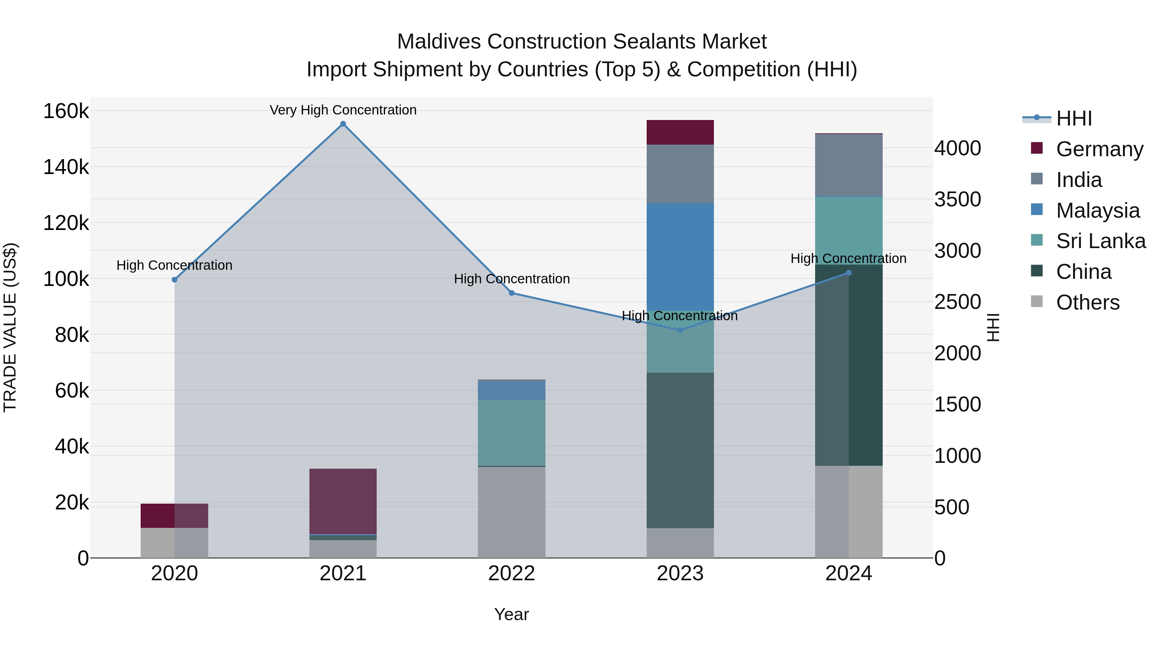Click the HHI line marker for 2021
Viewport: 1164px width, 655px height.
(x=343, y=124)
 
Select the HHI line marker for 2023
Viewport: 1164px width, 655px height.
(x=680, y=330)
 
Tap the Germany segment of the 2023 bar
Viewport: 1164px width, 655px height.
(x=680, y=132)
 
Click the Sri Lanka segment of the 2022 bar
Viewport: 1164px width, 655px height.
(x=512, y=432)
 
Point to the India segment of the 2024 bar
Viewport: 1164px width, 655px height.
(x=849, y=165)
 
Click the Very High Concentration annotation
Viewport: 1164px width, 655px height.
(x=343, y=110)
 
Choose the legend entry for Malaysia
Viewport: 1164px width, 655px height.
(x=1098, y=211)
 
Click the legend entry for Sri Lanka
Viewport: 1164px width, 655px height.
(x=1100, y=241)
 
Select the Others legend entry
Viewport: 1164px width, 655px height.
(x=1088, y=302)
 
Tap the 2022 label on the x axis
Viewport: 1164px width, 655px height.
(x=512, y=573)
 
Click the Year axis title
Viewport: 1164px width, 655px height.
(x=512, y=614)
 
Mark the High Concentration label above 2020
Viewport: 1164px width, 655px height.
(x=174, y=265)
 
